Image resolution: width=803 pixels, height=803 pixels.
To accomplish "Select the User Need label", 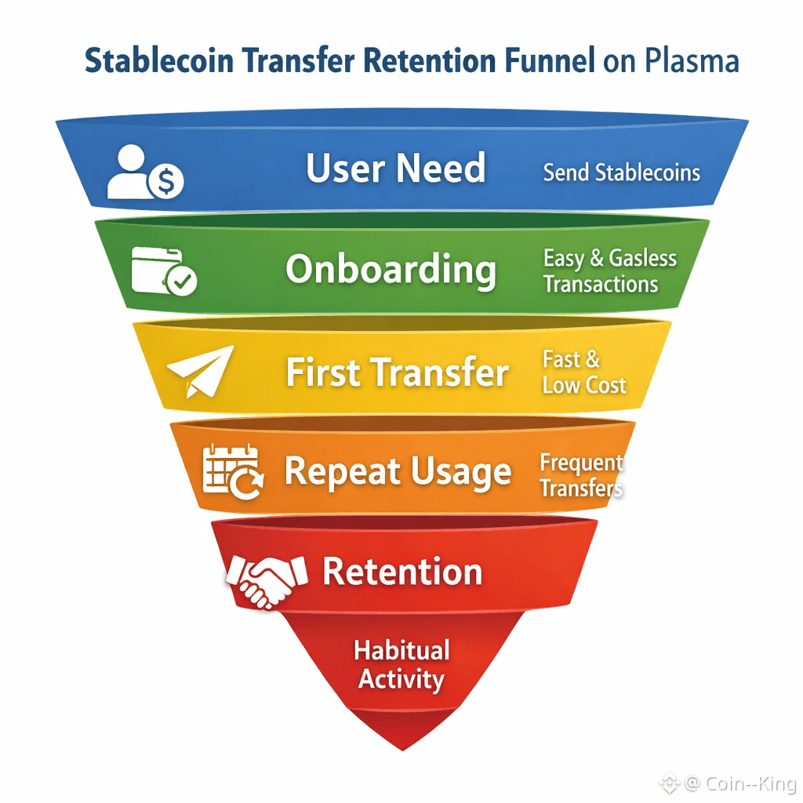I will [395, 168].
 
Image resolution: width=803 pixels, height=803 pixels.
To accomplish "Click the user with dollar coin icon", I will [145, 172].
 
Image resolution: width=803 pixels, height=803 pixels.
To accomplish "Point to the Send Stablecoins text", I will [621, 173].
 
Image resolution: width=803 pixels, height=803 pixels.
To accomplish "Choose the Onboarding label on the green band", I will [391, 270].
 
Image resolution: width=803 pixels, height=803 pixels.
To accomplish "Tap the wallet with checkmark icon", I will [164, 271].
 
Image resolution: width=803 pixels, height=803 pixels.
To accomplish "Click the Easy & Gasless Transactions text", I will [609, 271].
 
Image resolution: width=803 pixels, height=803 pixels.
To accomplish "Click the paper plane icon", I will [199, 370].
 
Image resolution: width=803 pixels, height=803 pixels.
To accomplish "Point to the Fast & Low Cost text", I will [583, 372].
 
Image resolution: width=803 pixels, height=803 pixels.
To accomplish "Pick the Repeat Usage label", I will [398, 473].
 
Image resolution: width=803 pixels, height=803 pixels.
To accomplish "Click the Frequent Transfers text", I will [581, 476].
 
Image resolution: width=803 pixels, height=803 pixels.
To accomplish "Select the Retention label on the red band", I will [402, 572].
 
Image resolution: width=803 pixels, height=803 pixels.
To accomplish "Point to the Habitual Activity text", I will [401, 664].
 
